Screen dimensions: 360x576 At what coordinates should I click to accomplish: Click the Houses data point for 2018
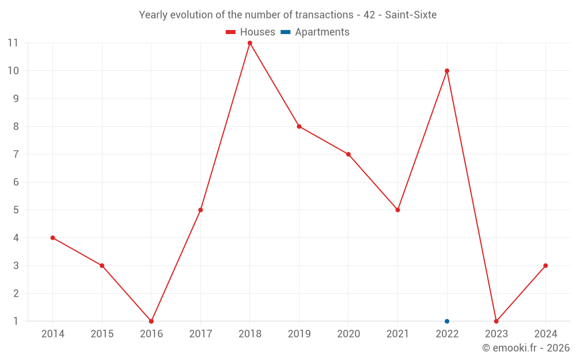tap(250, 43)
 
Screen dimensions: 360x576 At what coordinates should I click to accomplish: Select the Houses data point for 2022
tap(447, 71)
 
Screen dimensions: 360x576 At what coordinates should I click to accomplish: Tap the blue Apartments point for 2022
tap(447, 321)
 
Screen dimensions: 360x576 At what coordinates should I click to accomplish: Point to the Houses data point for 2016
tap(151, 321)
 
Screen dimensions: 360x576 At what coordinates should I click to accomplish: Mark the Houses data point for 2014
tap(53, 238)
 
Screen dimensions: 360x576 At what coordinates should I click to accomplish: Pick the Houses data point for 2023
tap(496, 321)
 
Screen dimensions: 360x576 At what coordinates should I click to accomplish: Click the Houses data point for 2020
tap(348, 154)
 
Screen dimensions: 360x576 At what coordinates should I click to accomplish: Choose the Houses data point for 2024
tap(545, 266)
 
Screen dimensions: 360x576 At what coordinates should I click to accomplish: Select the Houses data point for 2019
tap(299, 127)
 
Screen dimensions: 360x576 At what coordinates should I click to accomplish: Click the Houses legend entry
tap(251, 32)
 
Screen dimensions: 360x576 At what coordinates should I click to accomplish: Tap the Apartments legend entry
tap(315, 32)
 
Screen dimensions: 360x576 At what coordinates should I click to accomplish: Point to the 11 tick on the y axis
tap(13, 43)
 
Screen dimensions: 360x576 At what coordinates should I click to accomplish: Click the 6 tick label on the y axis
tap(16, 182)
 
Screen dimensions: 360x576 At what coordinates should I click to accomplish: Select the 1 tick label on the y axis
tap(16, 321)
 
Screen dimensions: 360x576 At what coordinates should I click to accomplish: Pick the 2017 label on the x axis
tap(200, 334)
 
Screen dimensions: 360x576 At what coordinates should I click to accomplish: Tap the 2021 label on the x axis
tap(397, 334)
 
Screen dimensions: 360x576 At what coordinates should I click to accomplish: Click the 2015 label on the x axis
tap(102, 334)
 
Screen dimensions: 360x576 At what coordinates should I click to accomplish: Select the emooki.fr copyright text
tap(526, 348)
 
